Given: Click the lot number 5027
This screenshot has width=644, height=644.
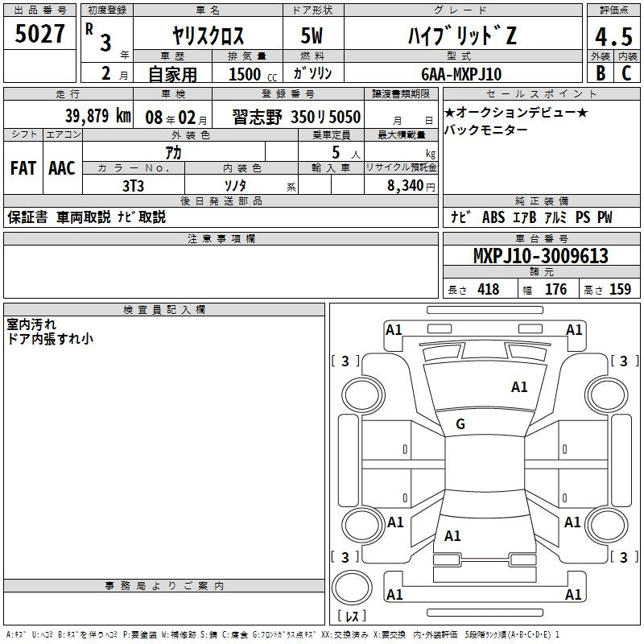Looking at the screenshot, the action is click(39, 34).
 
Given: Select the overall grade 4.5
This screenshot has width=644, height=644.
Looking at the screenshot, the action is click(613, 37).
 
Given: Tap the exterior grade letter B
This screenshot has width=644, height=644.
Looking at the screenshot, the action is click(601, 73).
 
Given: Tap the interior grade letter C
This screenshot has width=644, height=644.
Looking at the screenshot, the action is click(626, 73).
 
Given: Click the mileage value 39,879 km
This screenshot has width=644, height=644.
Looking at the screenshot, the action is click(98, 116).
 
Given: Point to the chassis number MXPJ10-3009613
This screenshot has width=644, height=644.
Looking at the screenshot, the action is click(541, 256).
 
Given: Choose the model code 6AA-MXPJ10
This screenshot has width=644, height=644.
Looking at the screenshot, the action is click(461, 74).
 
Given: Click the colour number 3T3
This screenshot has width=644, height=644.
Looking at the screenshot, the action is click(133, 186).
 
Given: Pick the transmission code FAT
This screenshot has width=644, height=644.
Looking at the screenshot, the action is click(23, 168).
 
